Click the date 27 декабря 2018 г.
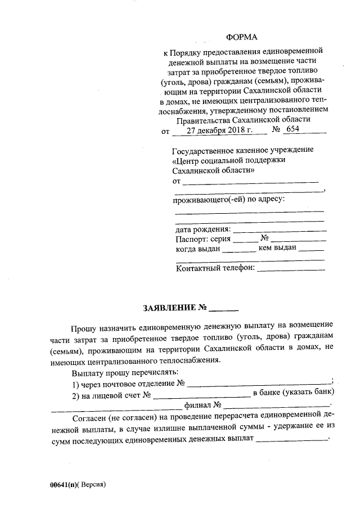click(219, 130)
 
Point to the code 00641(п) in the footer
click(64, 484)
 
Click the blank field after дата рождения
click(279, 230)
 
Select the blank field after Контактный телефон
click(291, 269)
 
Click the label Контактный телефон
click(215, 268)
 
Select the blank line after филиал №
click(276, 405)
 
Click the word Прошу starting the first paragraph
click(84, 326)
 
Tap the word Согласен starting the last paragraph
click(92, 418)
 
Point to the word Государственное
click(202, 150)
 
